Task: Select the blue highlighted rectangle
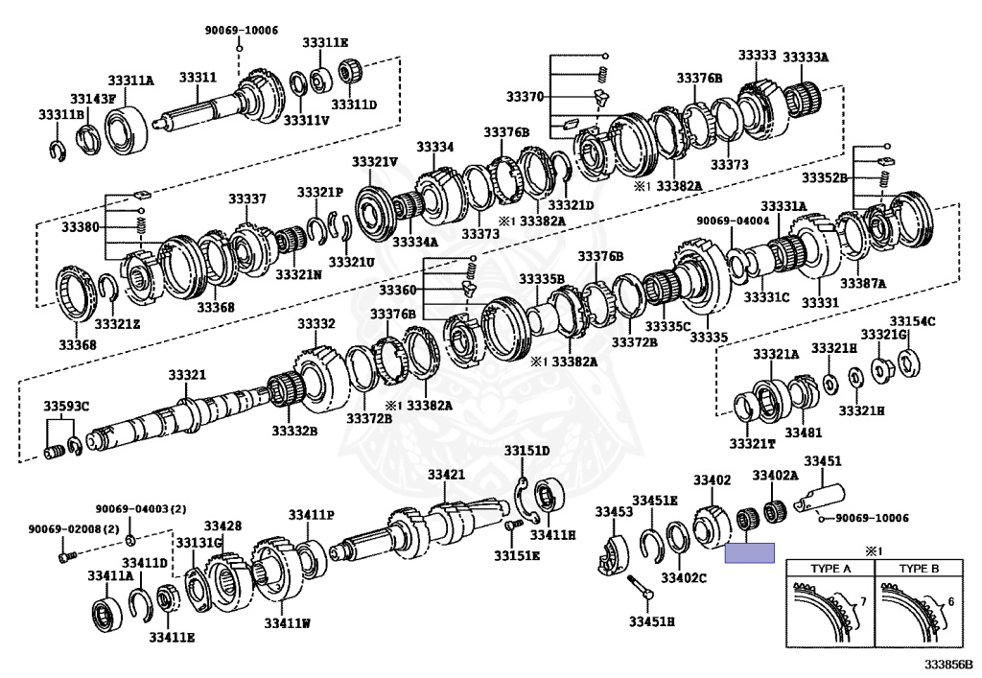point(749,552)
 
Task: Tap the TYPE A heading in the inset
point(831,569)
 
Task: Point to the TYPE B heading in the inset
point(919,569)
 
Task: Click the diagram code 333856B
point(948,663)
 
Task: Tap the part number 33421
point(446,475)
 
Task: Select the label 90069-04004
point(729,221)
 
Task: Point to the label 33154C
point(912,321)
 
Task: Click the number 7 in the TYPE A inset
point(862,601)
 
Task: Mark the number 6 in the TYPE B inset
point(949,601)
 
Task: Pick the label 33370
point(526,97)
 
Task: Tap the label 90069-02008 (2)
point(60,528)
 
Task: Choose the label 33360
point(397,289)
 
